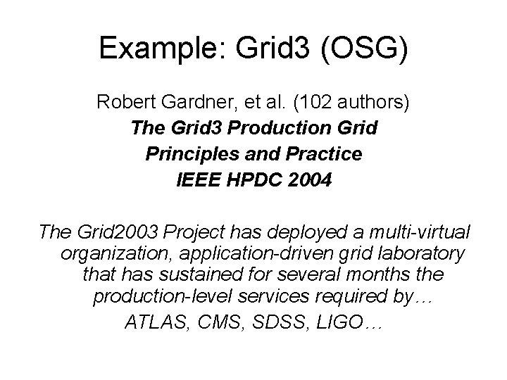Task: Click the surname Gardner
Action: [x=199, y=103]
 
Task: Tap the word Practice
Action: [x=321, y=154]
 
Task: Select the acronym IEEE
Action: [x=196, y=180]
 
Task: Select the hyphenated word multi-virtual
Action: [x=412, y=231]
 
